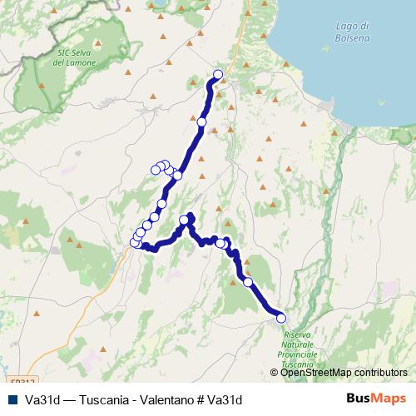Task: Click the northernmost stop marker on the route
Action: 219,75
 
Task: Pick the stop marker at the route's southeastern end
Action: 280,317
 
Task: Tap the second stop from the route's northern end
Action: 201,122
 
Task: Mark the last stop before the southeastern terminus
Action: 247,282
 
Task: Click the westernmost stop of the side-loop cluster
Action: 155,171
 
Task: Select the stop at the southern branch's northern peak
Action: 185,220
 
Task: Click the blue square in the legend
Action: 12,399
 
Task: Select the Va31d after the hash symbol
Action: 224,399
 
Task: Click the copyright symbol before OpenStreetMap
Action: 276,374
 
